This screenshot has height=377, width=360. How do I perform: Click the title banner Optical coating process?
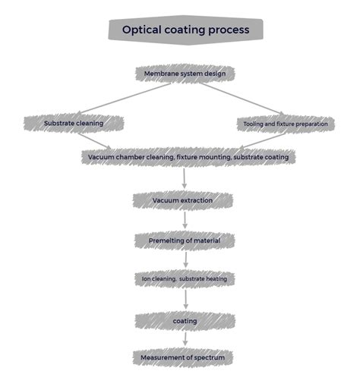coord(186,30)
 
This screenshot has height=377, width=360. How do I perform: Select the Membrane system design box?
coord(185,74)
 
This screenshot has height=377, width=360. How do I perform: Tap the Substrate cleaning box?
coord(74,122)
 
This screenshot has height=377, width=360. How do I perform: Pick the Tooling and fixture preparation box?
coord(286,124)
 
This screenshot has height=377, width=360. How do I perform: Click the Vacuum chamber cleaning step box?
coord(187,157)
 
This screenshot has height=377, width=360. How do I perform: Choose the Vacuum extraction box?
coord(183,200)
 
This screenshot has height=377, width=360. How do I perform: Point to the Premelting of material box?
coord(185,240)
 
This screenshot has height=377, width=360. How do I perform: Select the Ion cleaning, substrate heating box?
coord(184,278)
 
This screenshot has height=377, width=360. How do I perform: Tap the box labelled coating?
coord(185,321)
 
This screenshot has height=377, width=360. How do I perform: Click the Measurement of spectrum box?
coord(183,357)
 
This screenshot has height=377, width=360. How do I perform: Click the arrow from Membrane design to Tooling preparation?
coord(243,99)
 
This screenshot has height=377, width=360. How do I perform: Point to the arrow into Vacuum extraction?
coord(185,178)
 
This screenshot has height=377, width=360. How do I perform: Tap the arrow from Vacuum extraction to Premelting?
coord(185,221)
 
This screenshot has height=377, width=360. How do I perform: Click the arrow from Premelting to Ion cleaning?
coord(185,259)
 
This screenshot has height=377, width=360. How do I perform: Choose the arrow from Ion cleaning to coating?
coord(185,300)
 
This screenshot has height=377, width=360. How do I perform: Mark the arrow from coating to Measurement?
coord(185,339)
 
